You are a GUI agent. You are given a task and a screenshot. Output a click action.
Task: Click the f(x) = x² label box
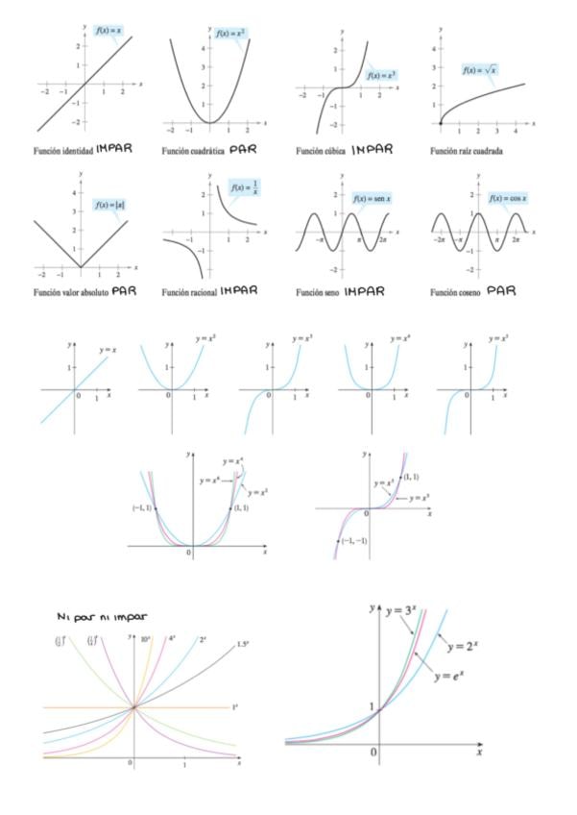230,34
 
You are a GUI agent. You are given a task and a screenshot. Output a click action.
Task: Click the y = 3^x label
406,612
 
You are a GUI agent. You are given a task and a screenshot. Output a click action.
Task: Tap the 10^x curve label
146,638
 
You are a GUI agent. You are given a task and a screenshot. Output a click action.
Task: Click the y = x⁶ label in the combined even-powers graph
211,481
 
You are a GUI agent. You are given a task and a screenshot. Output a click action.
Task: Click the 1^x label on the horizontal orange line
235,707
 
